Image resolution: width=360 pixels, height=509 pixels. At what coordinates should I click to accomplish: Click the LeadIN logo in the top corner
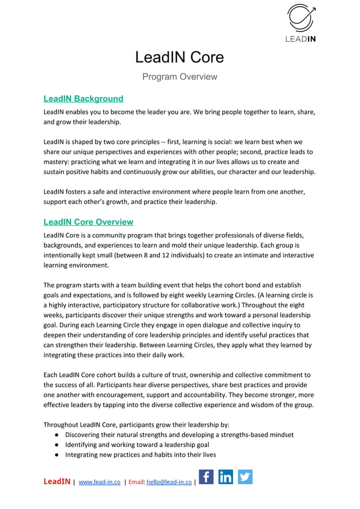[301, 23]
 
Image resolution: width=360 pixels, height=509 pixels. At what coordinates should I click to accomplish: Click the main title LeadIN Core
[179, 57]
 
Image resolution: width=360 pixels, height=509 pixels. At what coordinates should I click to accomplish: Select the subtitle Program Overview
[179, 77]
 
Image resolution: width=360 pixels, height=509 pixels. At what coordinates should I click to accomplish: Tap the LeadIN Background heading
[83, 99]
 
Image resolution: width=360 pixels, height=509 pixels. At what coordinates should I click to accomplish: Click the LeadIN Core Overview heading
[88, 222]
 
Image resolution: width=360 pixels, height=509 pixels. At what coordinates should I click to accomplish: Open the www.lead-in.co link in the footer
[99, 482]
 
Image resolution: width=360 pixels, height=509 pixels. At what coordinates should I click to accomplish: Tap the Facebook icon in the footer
[207, 477]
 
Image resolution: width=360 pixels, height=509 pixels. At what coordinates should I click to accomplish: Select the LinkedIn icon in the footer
[226, 477]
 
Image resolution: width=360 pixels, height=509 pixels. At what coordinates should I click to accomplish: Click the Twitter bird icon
[245, 477]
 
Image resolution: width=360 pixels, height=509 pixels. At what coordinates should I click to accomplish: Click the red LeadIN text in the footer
[57, 482]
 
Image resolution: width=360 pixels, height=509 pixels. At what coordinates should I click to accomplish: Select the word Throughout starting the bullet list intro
[60, 424]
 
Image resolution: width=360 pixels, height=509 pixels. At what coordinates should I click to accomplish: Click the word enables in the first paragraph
[80, 112]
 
